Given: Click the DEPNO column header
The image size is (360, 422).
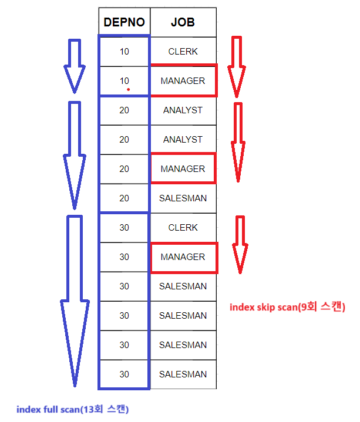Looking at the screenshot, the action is pyautogui.click(x=124, y=22).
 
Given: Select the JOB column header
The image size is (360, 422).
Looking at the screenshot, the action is pyautogui.click(x=183, y=22).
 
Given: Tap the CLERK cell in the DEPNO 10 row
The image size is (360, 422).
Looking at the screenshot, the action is pyautogui.click(x=183, y=52).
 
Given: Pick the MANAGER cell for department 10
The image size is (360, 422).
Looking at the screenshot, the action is pyautogui.click(x=183, y=81).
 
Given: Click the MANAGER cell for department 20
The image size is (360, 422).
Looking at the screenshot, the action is pyautogui.click(x=183, y=169).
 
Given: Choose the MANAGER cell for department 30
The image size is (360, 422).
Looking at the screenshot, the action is pyautogui.click(x=183, y=257).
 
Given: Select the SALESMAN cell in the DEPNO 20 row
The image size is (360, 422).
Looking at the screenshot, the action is pyautogui.click(x=183, y=198).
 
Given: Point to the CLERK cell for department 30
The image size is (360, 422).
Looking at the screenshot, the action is pyautogui.click(x=183, y=228).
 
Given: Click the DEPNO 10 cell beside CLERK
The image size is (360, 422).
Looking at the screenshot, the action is pyautogui.click(x=124, y=52).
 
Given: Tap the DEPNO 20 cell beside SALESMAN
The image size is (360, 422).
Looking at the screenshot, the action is pyautogui.click(x=124, y=198).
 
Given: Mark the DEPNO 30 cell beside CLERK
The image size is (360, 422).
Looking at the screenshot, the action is pyautogui.click(x=124, y=228).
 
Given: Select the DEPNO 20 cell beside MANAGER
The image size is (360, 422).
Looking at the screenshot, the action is pyautogui.click(x=124, y=169).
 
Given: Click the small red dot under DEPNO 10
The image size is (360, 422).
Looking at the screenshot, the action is pyautogui.click(x=128, y=90).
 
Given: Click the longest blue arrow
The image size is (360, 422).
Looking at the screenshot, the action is pyautogui.click(x=75, y=299).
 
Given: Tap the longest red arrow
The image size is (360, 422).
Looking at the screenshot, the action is pyautogui.click(x=237, y=141).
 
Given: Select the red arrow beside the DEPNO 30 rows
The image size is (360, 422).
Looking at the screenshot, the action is pyautogui.click(x=239, y=244).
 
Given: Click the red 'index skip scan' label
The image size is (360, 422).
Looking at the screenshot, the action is pyautogui.click(x=287, y=307).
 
